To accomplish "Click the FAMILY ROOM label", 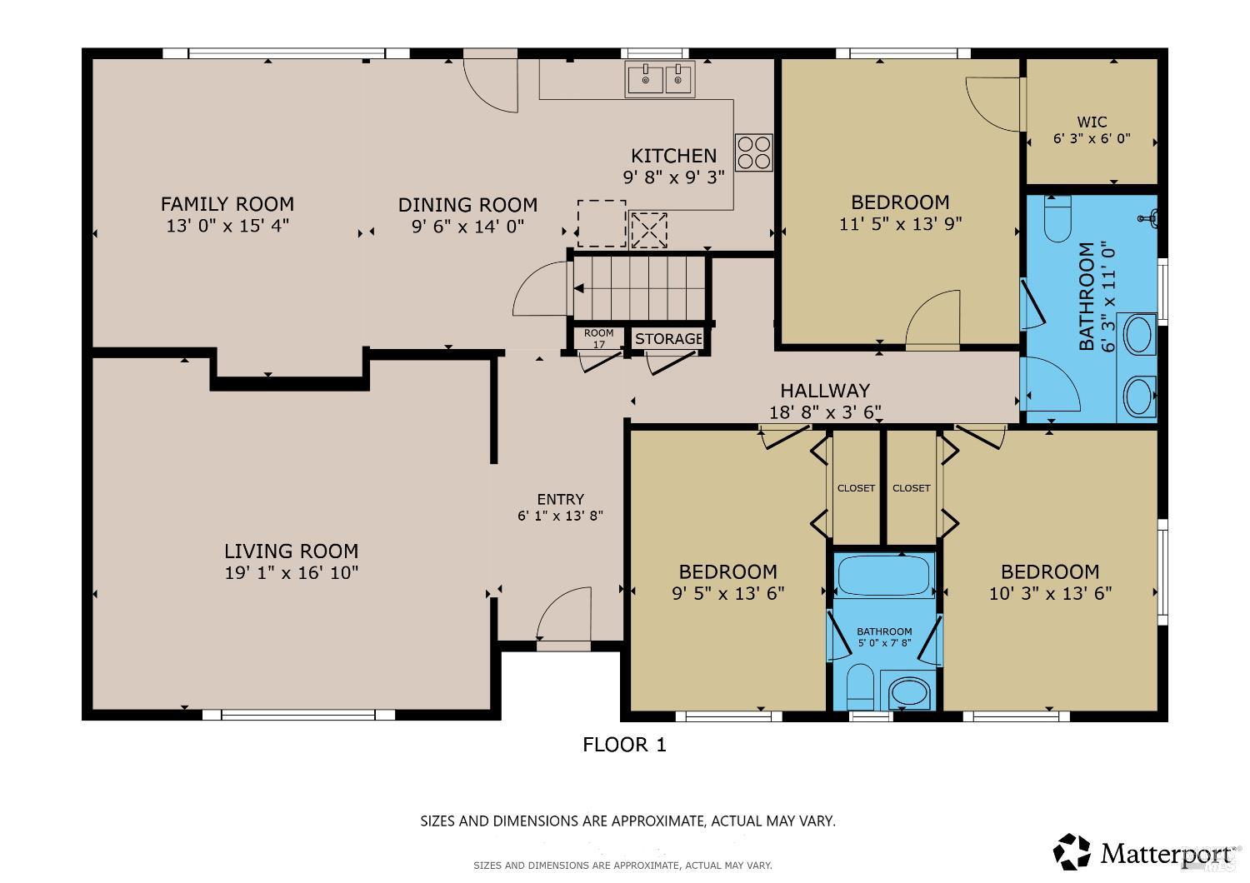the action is coord(227,203).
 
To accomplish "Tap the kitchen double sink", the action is coord(660,79).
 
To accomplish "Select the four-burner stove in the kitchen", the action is coord(754,152).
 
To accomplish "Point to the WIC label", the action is coord(1092,121).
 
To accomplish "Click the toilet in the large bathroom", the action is coord(1057,218).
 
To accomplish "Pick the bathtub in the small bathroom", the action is coord(884,575).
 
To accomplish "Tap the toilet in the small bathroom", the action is coord(860,686).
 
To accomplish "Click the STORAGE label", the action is coord(668,338).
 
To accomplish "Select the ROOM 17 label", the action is coord(599,338).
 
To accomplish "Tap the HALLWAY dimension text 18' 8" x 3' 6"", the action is coord(825,412).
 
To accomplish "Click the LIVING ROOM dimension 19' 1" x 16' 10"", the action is coord(292,573).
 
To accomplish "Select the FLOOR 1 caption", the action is coord(624,745).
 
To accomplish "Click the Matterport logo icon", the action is coord(1072,852).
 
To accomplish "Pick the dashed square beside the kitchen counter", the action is coord(602,223).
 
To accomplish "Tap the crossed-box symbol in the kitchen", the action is coord(648,230).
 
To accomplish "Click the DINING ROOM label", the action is coord(467,205).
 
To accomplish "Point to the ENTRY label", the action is coord(560,499).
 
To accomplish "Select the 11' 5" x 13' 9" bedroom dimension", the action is coord(900,224).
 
